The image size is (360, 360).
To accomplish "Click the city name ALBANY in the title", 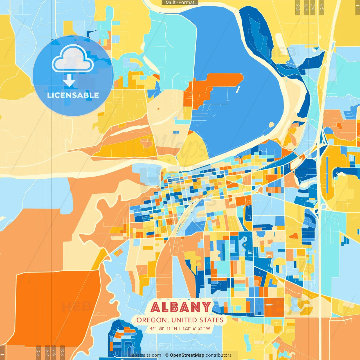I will [x=181, y=307].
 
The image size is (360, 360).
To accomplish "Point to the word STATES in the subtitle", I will [x=211, y=320].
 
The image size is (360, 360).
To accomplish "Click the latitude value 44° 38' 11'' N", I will [x=163, y=328].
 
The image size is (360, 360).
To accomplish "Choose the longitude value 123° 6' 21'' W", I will [x=196, y=328].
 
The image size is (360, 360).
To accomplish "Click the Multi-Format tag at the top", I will [x=180, y=3].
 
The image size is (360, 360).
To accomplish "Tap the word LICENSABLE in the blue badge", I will [x=73, y=95].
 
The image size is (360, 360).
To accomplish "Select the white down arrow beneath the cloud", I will [x=69, y=81].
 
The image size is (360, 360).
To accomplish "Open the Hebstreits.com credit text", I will [x=145, y=355].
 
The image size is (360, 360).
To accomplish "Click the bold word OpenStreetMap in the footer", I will [x=187, y=355].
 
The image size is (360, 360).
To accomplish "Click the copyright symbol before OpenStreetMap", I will [x=167, y=355].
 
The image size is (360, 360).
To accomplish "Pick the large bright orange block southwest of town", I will [x=56, y=307].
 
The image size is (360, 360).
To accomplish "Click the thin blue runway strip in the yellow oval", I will [x=327, y=174].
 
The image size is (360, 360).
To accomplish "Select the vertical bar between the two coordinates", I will [x=180, y=328].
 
